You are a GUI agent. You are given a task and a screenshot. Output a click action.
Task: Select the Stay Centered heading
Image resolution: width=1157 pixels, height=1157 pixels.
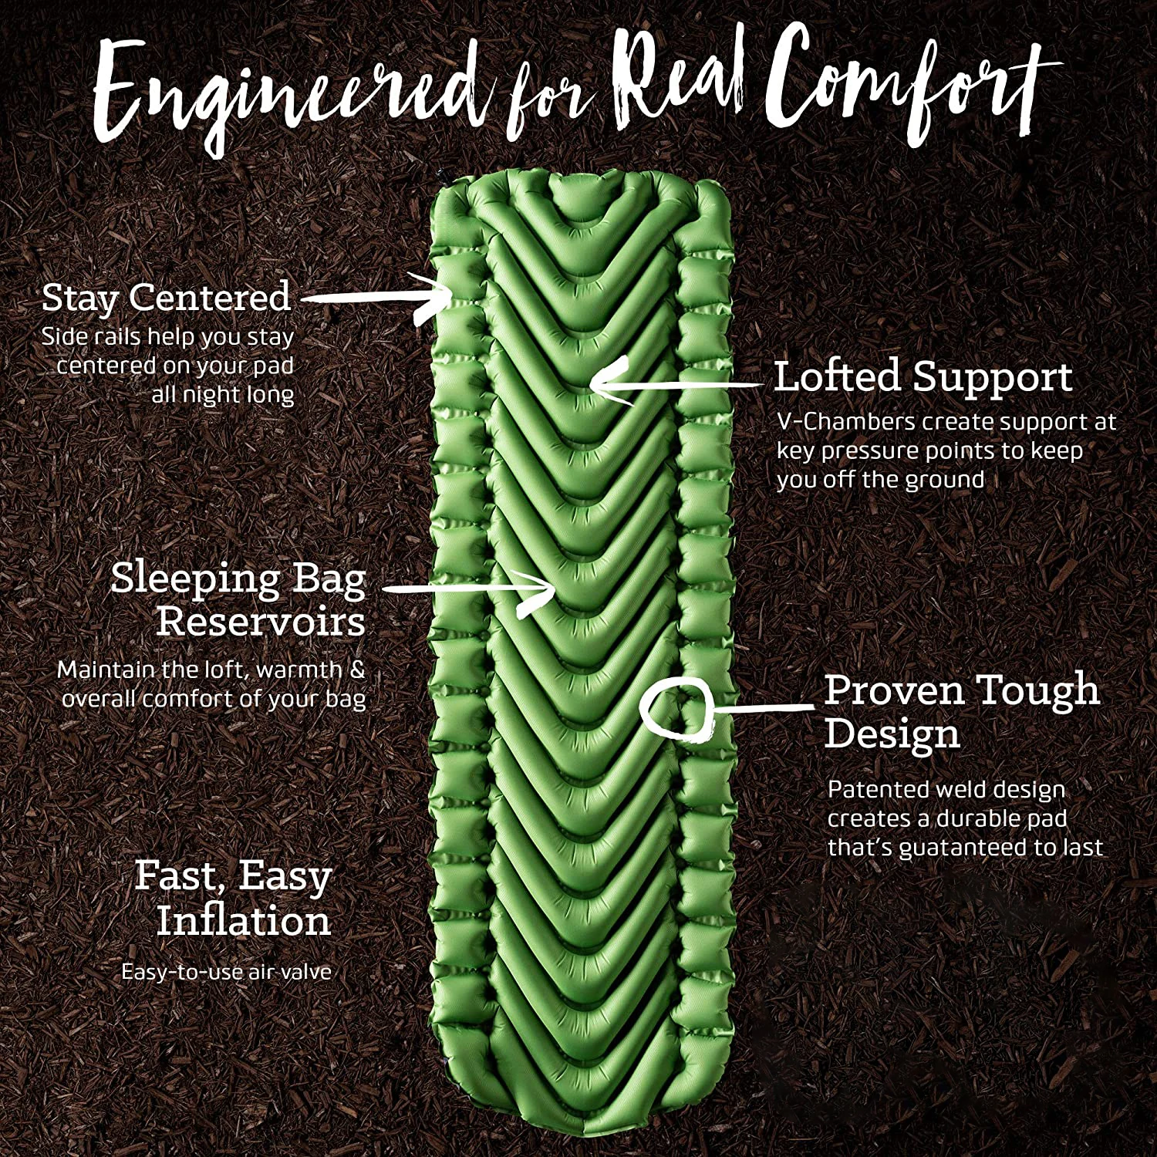pyautogui.click(x=166, y=298)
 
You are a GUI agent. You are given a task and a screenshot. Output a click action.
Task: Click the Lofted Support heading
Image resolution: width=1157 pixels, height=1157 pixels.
pyautogui.click(x=923, y=377)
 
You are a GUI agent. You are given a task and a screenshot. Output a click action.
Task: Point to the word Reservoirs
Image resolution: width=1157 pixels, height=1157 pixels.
pyautogui.click(x=261, y=622)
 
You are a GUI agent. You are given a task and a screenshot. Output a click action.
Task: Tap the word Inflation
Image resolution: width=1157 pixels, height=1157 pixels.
pyautogui.click(x=244, y=921)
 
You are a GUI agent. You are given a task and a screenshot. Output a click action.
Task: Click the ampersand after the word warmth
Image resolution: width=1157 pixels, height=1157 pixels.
pyautogui.click(x=356, y=670)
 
